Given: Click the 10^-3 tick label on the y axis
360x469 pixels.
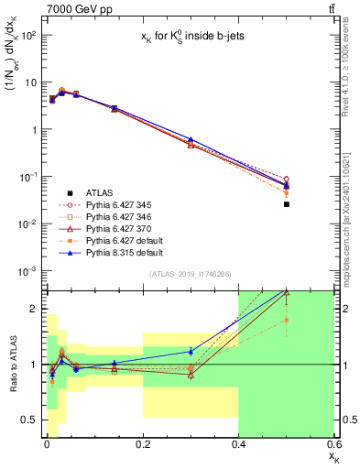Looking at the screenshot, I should pyautogui.click(x=27, y=271).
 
